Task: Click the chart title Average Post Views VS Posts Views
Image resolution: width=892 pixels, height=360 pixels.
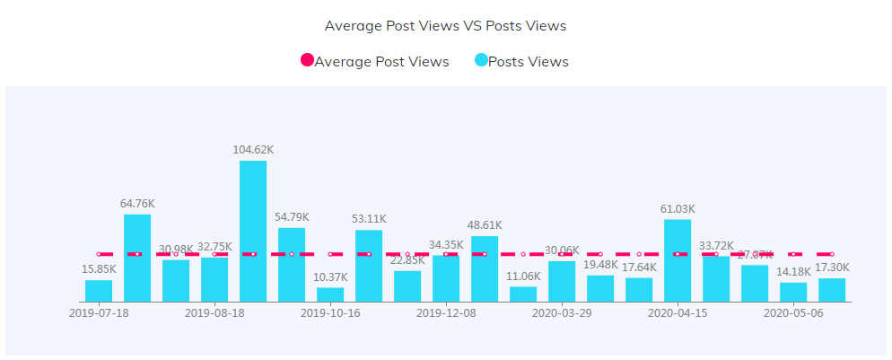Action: (x=445, y=25)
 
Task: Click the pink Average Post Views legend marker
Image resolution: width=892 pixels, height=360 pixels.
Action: (x=307, y=61)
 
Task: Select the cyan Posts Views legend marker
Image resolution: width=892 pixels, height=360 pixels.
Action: (x=481, y=61)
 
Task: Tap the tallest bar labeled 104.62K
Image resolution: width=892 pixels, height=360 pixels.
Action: (x=253, y=231)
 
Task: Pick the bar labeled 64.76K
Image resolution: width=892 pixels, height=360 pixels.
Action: (x=137, y=258)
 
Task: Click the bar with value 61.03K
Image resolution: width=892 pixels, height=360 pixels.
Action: (x=678, y=260)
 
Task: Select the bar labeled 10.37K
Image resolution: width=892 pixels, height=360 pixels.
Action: (x=330, y=294)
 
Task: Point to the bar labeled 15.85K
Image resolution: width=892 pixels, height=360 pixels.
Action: (x=99, y=291)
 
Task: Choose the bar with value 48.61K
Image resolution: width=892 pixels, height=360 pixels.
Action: (x=485, y=268)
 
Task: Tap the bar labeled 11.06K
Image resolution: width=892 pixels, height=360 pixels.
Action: (x=523, y=294)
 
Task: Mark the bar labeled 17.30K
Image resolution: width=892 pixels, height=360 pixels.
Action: (x=832, y=290)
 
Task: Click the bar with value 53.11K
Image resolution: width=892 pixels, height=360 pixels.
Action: (x=369, y=265)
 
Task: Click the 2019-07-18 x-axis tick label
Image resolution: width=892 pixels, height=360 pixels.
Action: (x=99, y=313)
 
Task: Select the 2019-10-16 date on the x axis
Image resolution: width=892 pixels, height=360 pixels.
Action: (x=330, y=313)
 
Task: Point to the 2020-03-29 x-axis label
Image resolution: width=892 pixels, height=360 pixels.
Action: (x=562, y=313)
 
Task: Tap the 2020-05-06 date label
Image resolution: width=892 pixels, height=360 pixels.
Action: (x=793, y=313)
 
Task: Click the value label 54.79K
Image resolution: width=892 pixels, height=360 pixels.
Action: (x=292, y=216)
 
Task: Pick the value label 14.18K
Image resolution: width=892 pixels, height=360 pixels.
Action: (x=793, y=271)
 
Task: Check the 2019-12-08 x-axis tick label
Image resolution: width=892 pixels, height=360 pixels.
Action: (x=446, y=313)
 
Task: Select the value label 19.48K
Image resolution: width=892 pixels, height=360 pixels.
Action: (x=600, y=264)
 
